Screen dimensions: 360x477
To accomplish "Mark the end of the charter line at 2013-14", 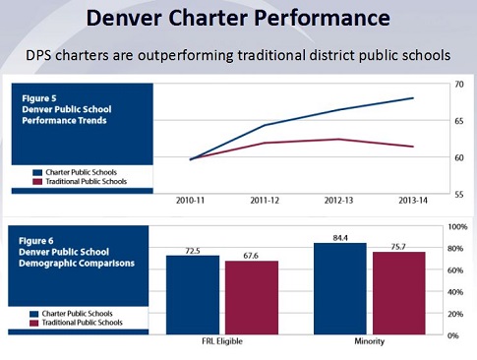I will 413,98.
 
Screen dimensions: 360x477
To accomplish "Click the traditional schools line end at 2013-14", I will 413,147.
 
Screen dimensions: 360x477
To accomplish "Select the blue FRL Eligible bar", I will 192,295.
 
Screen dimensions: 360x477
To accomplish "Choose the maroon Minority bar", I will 400,293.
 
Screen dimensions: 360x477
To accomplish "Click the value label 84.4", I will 340,236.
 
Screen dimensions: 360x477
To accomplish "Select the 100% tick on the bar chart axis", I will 458,226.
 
